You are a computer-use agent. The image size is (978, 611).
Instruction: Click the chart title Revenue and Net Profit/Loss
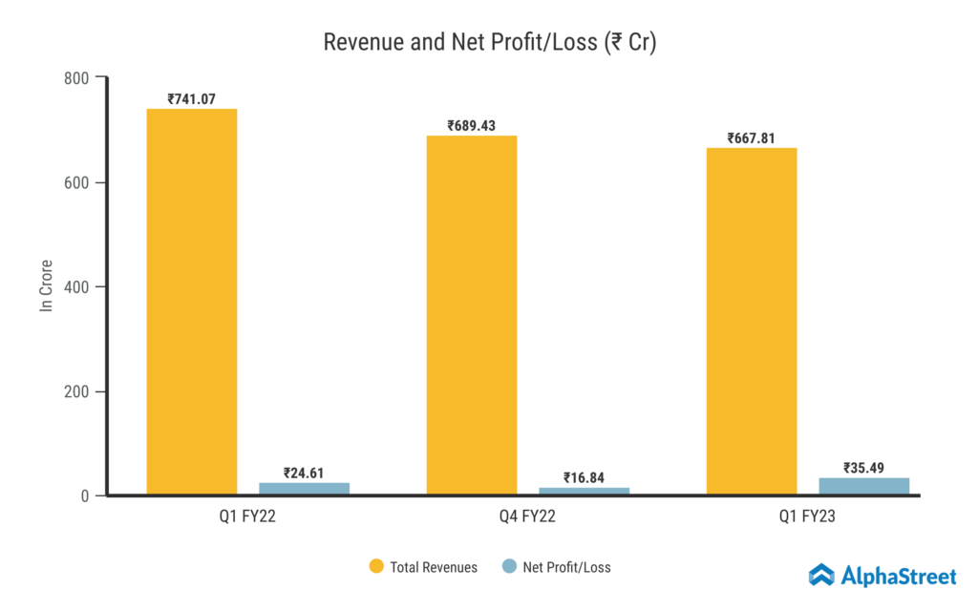489,43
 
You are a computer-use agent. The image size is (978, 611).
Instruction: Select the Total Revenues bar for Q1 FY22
191,302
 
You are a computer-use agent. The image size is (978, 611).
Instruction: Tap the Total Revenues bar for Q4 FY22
471,315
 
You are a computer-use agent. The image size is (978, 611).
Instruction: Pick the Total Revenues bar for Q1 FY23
752,322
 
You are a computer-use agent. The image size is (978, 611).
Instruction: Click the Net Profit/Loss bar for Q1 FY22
304,489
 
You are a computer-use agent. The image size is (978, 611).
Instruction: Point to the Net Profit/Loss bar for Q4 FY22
584,491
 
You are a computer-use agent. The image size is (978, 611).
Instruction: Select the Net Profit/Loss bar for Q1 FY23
863,486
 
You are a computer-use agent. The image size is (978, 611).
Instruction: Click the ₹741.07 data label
191,98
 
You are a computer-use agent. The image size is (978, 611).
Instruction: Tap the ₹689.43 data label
471,125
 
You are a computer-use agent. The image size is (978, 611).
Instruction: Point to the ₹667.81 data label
751,137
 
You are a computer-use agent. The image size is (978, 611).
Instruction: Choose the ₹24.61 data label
304,472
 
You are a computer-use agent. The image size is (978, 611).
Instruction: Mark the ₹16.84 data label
584,477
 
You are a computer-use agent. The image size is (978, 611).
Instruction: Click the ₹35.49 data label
863,468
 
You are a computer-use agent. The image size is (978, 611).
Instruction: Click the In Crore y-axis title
45,286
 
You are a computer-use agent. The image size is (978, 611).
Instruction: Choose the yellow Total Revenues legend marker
376,567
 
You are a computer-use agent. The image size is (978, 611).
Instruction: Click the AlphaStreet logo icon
821,575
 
